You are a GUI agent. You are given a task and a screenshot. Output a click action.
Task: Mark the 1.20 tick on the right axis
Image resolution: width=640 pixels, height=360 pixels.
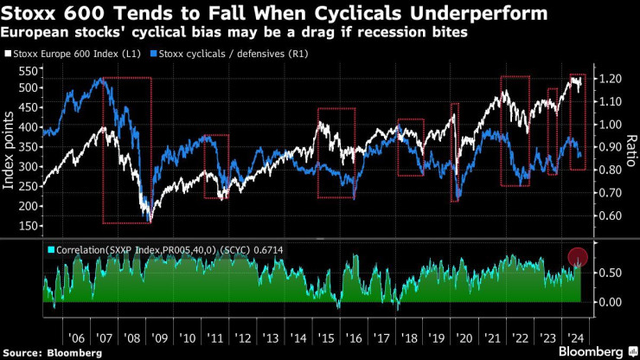coord(609,79)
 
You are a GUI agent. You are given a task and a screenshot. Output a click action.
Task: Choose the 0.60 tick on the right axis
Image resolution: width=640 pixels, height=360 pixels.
coord(609,215)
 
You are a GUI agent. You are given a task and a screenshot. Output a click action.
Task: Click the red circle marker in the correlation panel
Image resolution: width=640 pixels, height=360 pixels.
coord(579,257)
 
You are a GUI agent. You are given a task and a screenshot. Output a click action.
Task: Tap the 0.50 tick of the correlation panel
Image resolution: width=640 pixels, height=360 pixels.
coord(609,273)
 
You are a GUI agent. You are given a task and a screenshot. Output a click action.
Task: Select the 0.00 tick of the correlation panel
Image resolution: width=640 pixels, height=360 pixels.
coord(609,302)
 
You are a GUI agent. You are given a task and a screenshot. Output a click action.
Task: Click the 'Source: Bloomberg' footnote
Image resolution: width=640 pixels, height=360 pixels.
coord(52,352)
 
